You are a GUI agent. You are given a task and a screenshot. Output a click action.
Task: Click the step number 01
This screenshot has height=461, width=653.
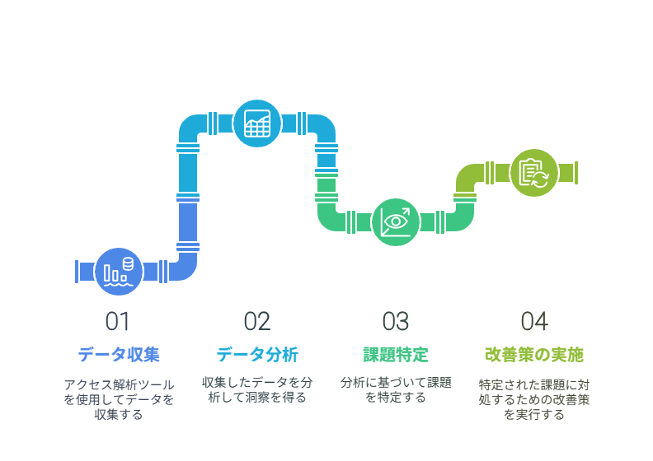click(117, 321)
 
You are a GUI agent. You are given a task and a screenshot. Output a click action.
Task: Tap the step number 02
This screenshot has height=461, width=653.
click(257, 321)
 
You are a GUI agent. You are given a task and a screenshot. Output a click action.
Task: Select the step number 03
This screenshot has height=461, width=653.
click(396, 321)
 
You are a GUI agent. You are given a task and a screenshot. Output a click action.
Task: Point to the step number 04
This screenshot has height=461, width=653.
click(534, 321)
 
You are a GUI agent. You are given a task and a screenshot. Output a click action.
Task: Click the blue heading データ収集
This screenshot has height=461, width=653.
click(119, 355)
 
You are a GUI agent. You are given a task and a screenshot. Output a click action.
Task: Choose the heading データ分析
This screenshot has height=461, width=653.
click(257, 355)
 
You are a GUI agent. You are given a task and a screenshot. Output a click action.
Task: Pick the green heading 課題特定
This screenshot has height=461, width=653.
click(396, 355)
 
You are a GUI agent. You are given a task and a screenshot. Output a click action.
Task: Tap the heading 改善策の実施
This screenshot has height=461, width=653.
click(534, 355)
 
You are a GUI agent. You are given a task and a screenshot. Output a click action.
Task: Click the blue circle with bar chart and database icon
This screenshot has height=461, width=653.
click(119, 272)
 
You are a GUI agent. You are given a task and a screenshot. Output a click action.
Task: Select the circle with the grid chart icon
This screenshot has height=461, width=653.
click(257, 123)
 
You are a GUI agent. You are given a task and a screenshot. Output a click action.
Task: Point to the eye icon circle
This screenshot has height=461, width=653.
click(396, 222)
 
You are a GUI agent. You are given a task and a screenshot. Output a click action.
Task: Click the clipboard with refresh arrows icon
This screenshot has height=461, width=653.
click(534, 173)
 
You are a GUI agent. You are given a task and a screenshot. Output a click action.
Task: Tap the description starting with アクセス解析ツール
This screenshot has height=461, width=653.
click(119, 399)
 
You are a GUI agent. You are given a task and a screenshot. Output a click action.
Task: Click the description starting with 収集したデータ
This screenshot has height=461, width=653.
click(257, 390)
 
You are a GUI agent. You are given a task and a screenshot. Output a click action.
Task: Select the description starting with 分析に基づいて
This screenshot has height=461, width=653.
click(396, 390)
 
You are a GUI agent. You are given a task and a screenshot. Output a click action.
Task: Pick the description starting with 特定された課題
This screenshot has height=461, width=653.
click(534, 399)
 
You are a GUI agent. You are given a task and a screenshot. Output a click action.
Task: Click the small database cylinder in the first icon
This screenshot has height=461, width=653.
click(128, 263)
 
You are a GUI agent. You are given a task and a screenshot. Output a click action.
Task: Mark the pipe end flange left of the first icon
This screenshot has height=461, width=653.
click(77, 272)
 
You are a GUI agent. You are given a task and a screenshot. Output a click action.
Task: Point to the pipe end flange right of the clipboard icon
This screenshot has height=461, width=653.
click(576, 173)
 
